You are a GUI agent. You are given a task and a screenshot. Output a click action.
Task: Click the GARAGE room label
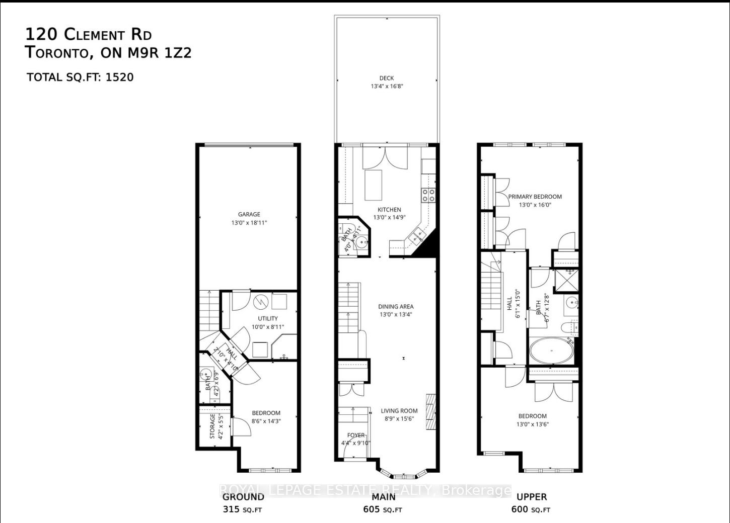pyautogui.click(x=249, y=214)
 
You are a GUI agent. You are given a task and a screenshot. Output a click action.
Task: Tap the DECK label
pyautogui.click(x=387, y=78)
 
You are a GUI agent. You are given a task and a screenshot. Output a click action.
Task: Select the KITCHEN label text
pyautogui.click(x=389, y=210)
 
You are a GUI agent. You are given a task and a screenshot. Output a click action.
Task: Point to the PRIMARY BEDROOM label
pyautogui.click(x=535, y=197)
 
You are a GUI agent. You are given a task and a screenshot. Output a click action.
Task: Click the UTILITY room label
pyautogui.click(x=268, y=318)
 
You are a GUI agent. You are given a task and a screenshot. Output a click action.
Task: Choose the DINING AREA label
pyautogui.click(x=396, y=306)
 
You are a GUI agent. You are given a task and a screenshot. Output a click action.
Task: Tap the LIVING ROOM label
pyautogui.click(x=399, y=411)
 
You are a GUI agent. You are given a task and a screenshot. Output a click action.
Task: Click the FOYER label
pyautogui.click(x=356, y=435)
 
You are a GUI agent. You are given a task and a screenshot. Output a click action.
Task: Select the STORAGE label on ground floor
pyautogui.click(x=212, y=426)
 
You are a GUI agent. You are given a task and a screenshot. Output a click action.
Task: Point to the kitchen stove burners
pyautogui.click(x=428, y=195)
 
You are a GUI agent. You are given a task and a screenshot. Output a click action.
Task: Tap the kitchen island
pyautogui.click(x=374, y=185)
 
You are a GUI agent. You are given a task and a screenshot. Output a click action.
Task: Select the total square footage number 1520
pyautogui.click(x=120, y=77)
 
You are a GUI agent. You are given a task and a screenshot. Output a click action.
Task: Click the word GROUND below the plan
pyautogui.click(x=243, y=497)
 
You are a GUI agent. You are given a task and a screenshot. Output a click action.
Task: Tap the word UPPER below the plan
pyautogui.click(x=532, y=497)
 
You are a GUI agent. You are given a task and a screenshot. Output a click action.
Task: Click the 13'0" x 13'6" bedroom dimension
pyautogui.click(x=533, y=424)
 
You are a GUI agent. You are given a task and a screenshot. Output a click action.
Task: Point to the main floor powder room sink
pyautogui.click(x=361, y=243)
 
